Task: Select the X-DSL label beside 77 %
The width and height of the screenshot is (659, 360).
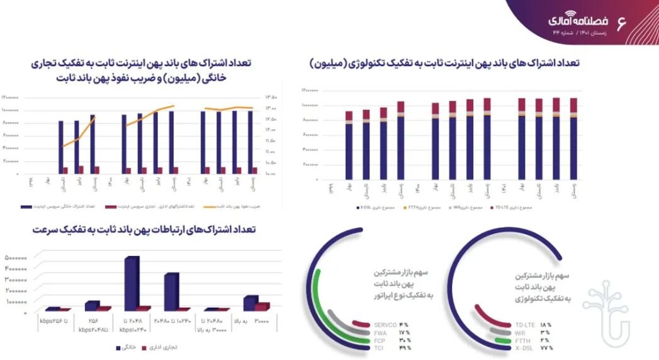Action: tap(524, 347)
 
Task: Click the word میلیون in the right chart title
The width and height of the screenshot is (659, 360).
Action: tap(332, 64)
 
